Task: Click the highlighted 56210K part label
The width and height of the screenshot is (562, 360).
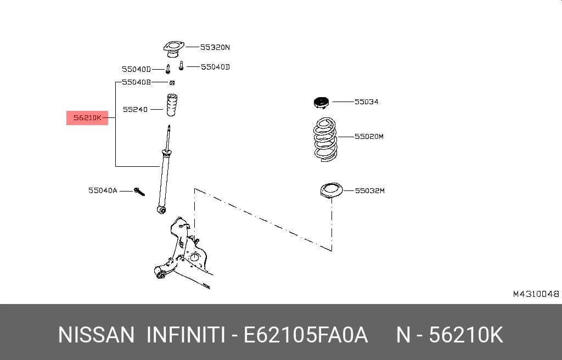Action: pos(87,117)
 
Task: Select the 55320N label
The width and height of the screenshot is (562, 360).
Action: pos(215,47)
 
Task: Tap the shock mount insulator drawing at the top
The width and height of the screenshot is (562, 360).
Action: pos(174,49)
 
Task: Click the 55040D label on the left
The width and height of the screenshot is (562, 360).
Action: pos(136,69)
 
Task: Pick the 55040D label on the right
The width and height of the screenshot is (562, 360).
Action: pos(215,67)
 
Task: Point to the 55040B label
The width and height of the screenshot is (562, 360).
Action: pos(136,82)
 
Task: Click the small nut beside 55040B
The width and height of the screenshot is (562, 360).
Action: pos(172,83)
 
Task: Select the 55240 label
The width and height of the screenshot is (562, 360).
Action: pos(135,109)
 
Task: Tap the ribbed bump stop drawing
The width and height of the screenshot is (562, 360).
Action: pos(172,105)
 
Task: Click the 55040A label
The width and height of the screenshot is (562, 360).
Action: pos(103,190)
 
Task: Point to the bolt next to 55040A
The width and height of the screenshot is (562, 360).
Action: pos(139,192)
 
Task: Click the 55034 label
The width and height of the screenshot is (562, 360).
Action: pos(366,102)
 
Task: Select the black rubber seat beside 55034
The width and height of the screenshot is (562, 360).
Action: pos(321,103)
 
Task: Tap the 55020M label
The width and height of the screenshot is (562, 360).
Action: pos(369,136)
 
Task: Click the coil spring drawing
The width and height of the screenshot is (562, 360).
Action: pos(325,139)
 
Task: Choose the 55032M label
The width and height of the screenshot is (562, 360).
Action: pos(369,190)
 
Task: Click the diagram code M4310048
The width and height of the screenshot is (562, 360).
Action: pos(536,294)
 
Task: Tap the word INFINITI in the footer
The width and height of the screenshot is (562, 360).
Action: pos(186,335)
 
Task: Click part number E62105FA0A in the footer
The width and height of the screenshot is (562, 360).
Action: pos(306,335)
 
